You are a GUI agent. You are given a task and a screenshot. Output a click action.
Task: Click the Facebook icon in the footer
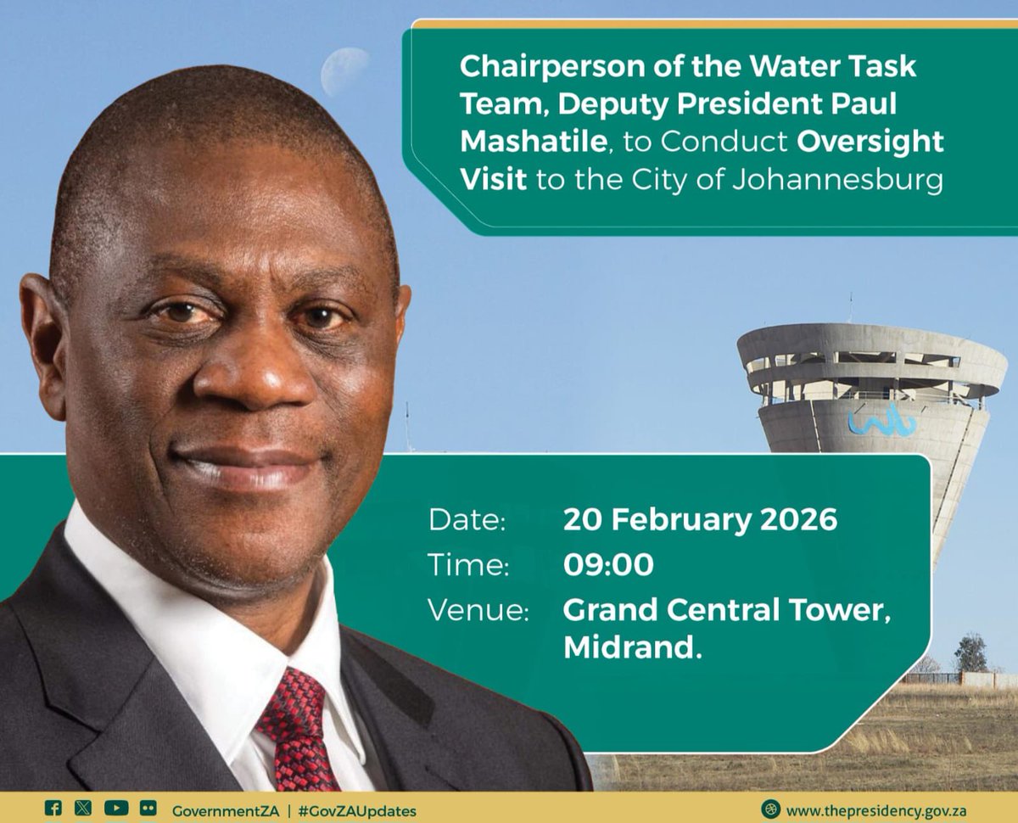pos(53,809)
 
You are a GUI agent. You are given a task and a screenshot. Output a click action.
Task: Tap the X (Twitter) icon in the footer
pos(82,809)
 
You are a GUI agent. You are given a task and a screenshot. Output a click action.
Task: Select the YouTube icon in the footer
pos(116,809)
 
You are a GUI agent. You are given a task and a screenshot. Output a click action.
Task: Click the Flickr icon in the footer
pos(148,809)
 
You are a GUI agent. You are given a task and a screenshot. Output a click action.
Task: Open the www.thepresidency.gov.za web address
pos(875,810)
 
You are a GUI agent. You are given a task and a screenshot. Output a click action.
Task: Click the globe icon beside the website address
pos(769,809)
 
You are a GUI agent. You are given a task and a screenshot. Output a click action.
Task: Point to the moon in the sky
pos(344,70)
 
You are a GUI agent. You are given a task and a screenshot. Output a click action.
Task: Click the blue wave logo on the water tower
pos(881,420)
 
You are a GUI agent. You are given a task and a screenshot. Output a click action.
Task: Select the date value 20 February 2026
pos(700,519)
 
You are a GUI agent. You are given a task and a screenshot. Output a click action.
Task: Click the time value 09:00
pos(608,565)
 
